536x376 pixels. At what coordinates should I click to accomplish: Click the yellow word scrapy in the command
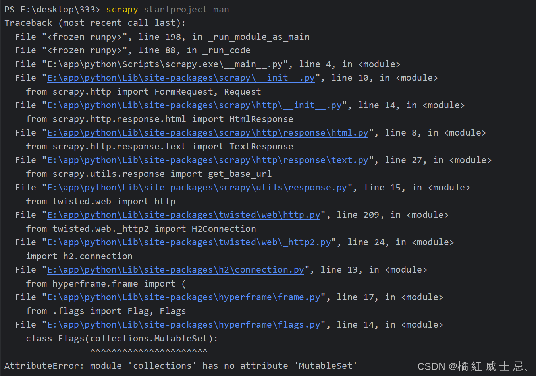(122, 10)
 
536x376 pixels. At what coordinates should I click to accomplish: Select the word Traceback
(28, 23)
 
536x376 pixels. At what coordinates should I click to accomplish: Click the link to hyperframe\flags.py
(183, 325)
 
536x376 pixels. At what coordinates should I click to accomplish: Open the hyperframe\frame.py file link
(183, 297)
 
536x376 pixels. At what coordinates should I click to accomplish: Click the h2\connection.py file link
(175, 270)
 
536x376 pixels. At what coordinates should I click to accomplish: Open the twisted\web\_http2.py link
(189, 242)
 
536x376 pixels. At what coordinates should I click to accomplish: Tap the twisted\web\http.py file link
(183, 215)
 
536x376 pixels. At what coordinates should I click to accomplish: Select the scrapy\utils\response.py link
(197, 188)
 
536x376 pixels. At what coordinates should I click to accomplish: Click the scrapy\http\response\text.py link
(208, 160)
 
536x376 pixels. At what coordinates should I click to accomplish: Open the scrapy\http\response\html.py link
(208, 133)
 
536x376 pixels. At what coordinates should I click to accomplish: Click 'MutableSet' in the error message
(328, 366)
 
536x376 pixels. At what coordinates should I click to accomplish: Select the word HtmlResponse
(261, 119)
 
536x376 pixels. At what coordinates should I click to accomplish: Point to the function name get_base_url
(240, 174)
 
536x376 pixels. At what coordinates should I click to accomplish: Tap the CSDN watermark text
(472, 366)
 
